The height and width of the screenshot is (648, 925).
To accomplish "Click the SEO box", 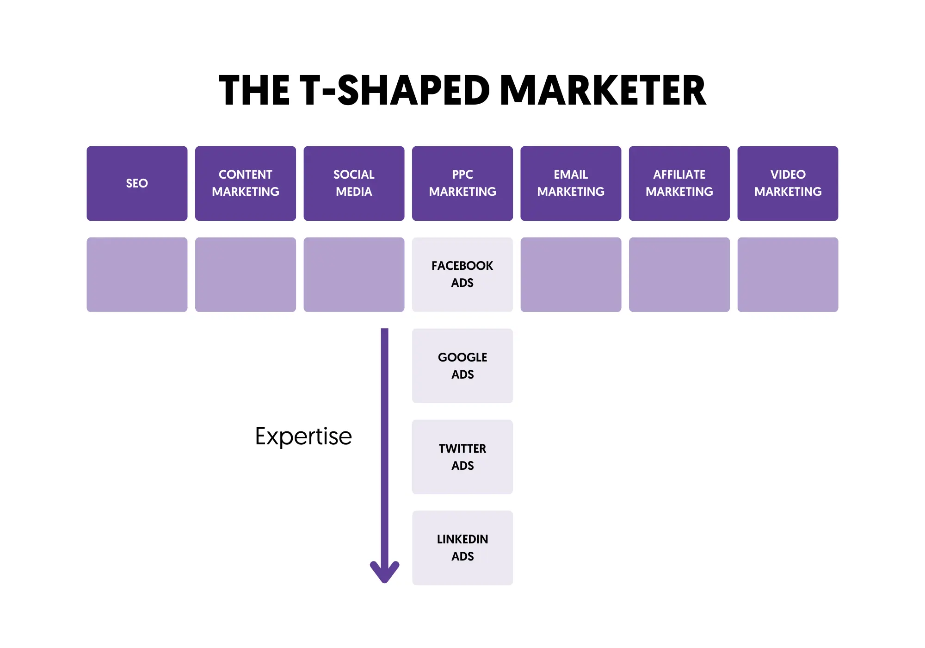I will (137, 183).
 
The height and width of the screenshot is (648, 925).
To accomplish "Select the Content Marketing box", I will (245, 183).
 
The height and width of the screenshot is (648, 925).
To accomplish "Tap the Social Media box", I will (354, 183).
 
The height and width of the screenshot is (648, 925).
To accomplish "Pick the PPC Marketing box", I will (462, 183).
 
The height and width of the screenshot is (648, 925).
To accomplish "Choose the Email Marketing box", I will (571, 183).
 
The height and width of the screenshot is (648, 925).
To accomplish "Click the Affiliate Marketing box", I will (679, 183).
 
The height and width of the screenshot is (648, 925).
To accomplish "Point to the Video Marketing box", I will (788, 183).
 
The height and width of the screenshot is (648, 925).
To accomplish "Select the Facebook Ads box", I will (462, 274).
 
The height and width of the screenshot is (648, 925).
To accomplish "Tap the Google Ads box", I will (462, 366).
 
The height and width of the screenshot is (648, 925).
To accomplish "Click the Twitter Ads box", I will (462, 457).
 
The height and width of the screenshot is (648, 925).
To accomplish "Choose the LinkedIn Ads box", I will (462, 548).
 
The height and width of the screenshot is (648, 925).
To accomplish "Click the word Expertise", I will (303, 436).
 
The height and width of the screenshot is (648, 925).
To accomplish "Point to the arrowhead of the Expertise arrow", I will (384, 573).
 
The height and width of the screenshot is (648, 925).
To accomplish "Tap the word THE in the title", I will (254, 91).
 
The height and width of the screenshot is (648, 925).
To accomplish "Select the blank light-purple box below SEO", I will (137, 274).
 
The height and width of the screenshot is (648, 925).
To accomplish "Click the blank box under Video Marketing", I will (788, 274).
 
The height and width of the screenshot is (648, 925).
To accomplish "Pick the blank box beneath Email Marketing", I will (571, 274).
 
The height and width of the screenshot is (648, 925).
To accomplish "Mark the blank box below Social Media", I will (354, 274).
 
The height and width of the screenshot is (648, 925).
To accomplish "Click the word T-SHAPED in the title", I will (395, 91).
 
